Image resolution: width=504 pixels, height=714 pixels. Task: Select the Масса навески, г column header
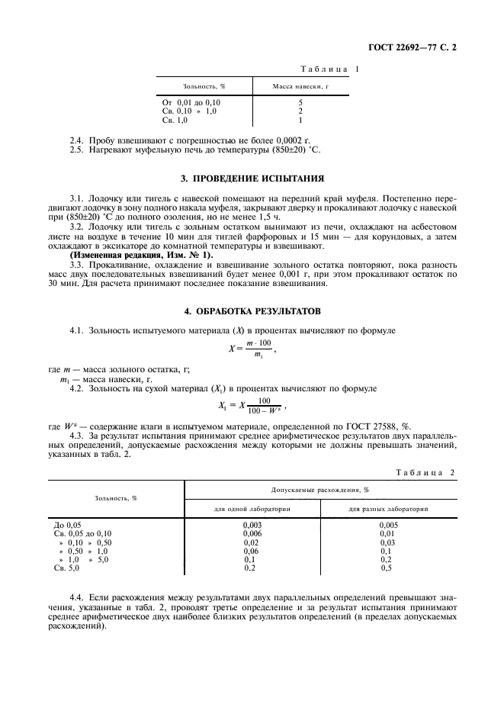300,86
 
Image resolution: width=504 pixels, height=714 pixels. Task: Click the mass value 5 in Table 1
300,102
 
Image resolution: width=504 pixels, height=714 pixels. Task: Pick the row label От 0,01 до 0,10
191,102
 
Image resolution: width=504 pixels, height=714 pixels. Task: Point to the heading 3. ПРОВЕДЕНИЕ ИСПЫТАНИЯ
252,178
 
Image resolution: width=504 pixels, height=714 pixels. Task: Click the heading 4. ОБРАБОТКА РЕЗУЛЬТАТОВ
252,311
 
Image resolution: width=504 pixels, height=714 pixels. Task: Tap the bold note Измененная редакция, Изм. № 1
141,254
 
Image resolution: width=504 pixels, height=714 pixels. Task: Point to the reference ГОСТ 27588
379,425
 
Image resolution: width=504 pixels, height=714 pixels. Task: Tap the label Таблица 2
424,472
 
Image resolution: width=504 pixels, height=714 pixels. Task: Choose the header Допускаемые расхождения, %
320,489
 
